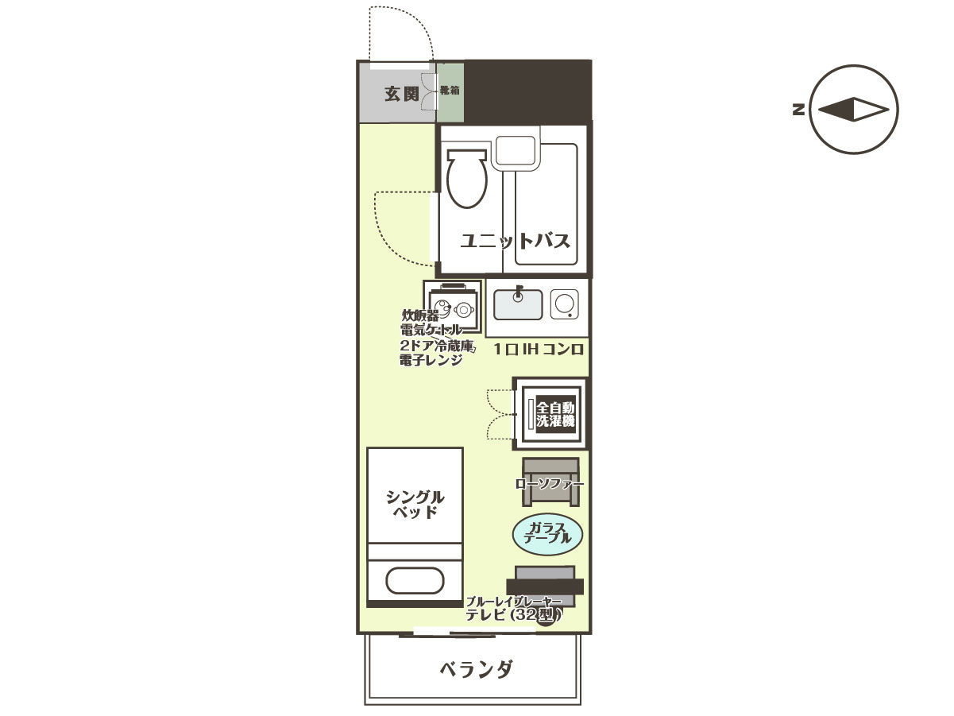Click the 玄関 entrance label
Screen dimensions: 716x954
pos(401,94)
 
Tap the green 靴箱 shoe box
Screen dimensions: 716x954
pos(450,91)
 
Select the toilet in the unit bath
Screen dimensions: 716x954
pos(466,180)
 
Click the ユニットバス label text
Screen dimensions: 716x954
pos(516,241)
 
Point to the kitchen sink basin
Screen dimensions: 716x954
pos(518,304)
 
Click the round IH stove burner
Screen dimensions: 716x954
pos(565,304)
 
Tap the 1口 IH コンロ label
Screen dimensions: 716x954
pos(539,350)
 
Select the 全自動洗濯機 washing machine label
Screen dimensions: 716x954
pos(555,414)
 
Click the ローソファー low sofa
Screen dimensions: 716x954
pos(550,482)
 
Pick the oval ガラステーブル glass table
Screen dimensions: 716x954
pos(548,533)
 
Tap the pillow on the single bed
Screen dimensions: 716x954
pos(414,581)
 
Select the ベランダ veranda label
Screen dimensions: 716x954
pos(476,669)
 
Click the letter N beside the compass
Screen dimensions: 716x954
pos(798,110)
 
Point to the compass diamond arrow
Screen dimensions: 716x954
pos(853,110)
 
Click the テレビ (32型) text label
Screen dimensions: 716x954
pos(512,614)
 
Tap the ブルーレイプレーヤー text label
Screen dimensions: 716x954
pos(513,602)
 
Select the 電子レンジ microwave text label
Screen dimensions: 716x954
pos(431,360)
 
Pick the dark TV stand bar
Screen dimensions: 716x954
pos(545,586)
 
